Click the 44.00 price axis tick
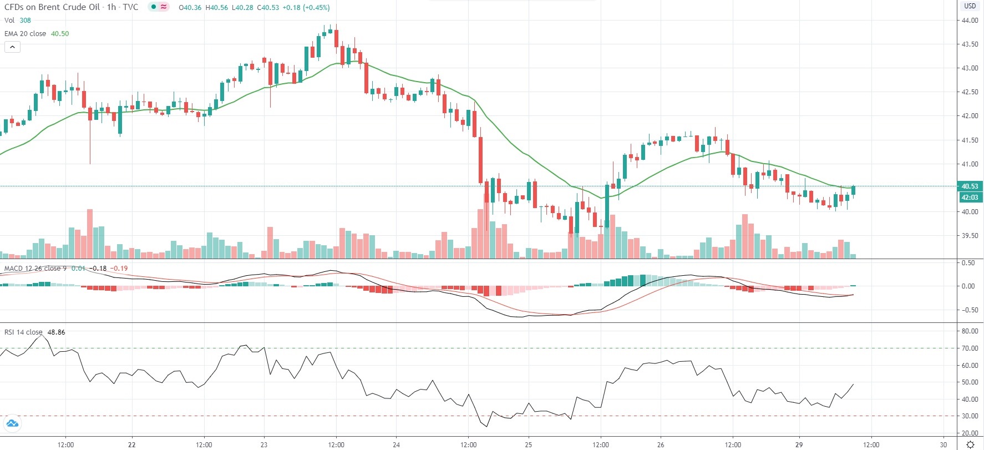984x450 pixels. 970,21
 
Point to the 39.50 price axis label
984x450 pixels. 970,236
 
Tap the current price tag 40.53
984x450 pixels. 970,186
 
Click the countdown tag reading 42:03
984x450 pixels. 970,197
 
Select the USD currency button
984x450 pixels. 970,6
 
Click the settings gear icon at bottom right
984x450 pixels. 970,444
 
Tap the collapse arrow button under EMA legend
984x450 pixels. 12,47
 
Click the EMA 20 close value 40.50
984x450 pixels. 60,34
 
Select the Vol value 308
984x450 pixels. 26,21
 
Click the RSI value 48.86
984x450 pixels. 56,332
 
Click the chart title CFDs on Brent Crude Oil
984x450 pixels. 52,7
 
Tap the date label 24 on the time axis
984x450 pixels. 396,444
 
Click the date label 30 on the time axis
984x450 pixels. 944,444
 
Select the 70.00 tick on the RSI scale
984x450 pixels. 970,348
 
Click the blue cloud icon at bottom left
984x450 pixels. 12,424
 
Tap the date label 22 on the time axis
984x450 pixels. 131,444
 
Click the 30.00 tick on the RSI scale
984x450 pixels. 970,416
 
